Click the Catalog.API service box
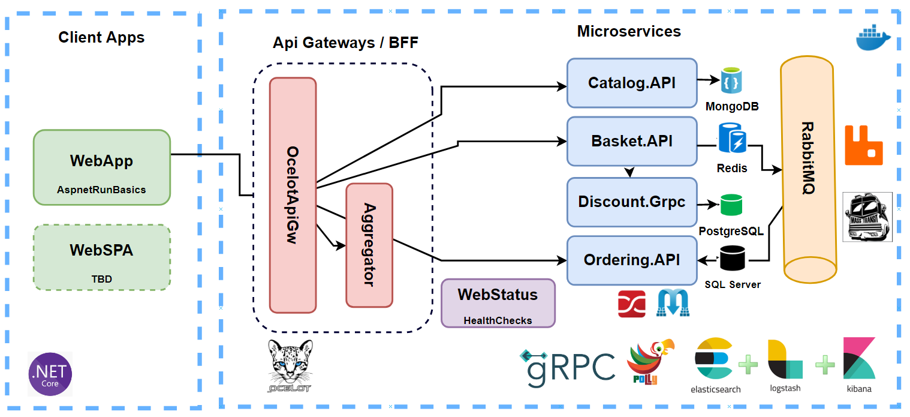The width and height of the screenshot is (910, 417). click(x=632, y=83)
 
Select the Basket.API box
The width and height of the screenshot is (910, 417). click(x=632, y=141)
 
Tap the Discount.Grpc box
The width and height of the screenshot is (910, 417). click(x=632, y=202)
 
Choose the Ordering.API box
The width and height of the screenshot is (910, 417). click(x=632, y=260)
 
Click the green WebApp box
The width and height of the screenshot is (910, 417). click(x=101, y=167)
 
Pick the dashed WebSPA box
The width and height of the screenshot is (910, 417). click(x=101, y=257)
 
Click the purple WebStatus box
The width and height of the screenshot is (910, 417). click(x=498, y=302)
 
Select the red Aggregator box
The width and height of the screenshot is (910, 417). click(x=369, y=245)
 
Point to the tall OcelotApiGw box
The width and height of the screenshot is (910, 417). click(x=293, y=195)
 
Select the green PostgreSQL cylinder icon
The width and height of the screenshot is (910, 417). click(x=731, y=205)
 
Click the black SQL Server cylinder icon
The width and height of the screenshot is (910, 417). click(x=732, y=259)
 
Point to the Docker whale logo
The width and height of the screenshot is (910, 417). click(x=873, y=40)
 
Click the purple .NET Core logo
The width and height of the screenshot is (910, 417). click(x=50, y=374)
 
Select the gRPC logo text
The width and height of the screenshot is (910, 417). click(x=568, y=367)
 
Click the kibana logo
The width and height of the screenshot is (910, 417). click(x=858, y=364)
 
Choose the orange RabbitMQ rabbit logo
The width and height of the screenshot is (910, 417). click(x=864, y=145)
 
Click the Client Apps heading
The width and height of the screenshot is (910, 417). click(x=101, y=37)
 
